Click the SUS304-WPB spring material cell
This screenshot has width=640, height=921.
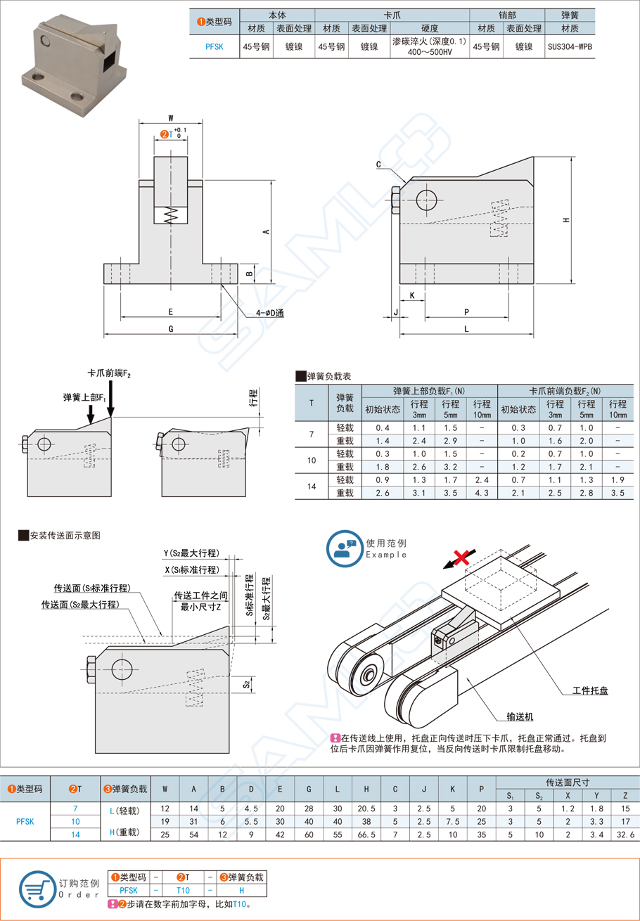pyautogui.click(x=570, y=46)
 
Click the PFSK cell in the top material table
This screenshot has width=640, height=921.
pyautogui.click(x=215, y=46)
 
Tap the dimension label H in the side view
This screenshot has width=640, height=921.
pyautogui.click(x=566, y=221)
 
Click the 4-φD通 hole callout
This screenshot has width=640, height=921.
pyautogui.click(x=269, y=313)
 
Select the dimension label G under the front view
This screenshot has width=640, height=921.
pyautogui.click(x=171, y=328)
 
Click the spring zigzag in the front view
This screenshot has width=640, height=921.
pyautogui.click(x=171, y=215)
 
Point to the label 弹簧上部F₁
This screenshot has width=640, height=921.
pyautogui.click(x=84, y=398)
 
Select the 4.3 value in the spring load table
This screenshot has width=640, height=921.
pyautogui.click(x=482, y=494)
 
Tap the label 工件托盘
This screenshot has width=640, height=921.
pyautogui.click(x=590, y=691)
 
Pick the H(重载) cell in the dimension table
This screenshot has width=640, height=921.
pyautogui.click(x=127, y=833)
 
